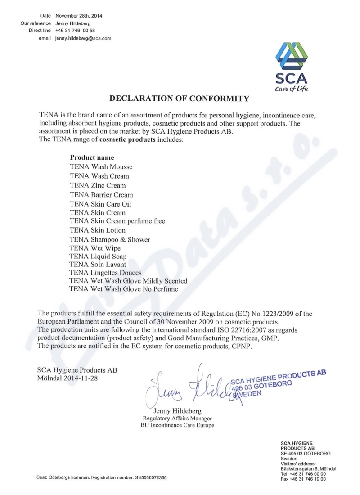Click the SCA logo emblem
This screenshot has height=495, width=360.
292,58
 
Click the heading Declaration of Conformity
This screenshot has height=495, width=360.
180,98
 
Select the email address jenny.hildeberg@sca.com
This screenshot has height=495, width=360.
83,39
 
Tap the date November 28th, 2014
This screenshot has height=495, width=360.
78,16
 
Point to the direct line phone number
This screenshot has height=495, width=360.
75,31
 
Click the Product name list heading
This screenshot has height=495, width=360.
92,158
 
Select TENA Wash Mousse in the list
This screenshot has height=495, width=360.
101,167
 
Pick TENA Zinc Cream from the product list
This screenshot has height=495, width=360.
98,185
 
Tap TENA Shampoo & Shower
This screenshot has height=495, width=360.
110,239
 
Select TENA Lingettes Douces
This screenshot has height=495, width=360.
106,273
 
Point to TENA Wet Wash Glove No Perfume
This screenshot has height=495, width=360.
124,289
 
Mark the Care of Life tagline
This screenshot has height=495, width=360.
293,88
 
